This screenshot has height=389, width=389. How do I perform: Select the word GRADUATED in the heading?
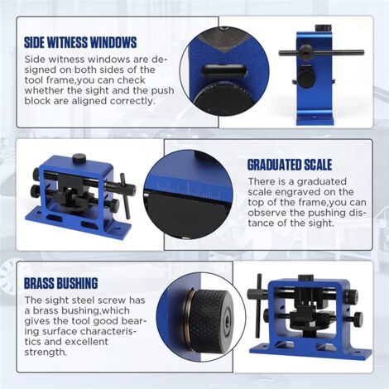(280, 164)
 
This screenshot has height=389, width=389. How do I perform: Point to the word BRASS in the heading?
(43, 283)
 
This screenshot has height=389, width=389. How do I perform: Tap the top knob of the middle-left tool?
(79, 159)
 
